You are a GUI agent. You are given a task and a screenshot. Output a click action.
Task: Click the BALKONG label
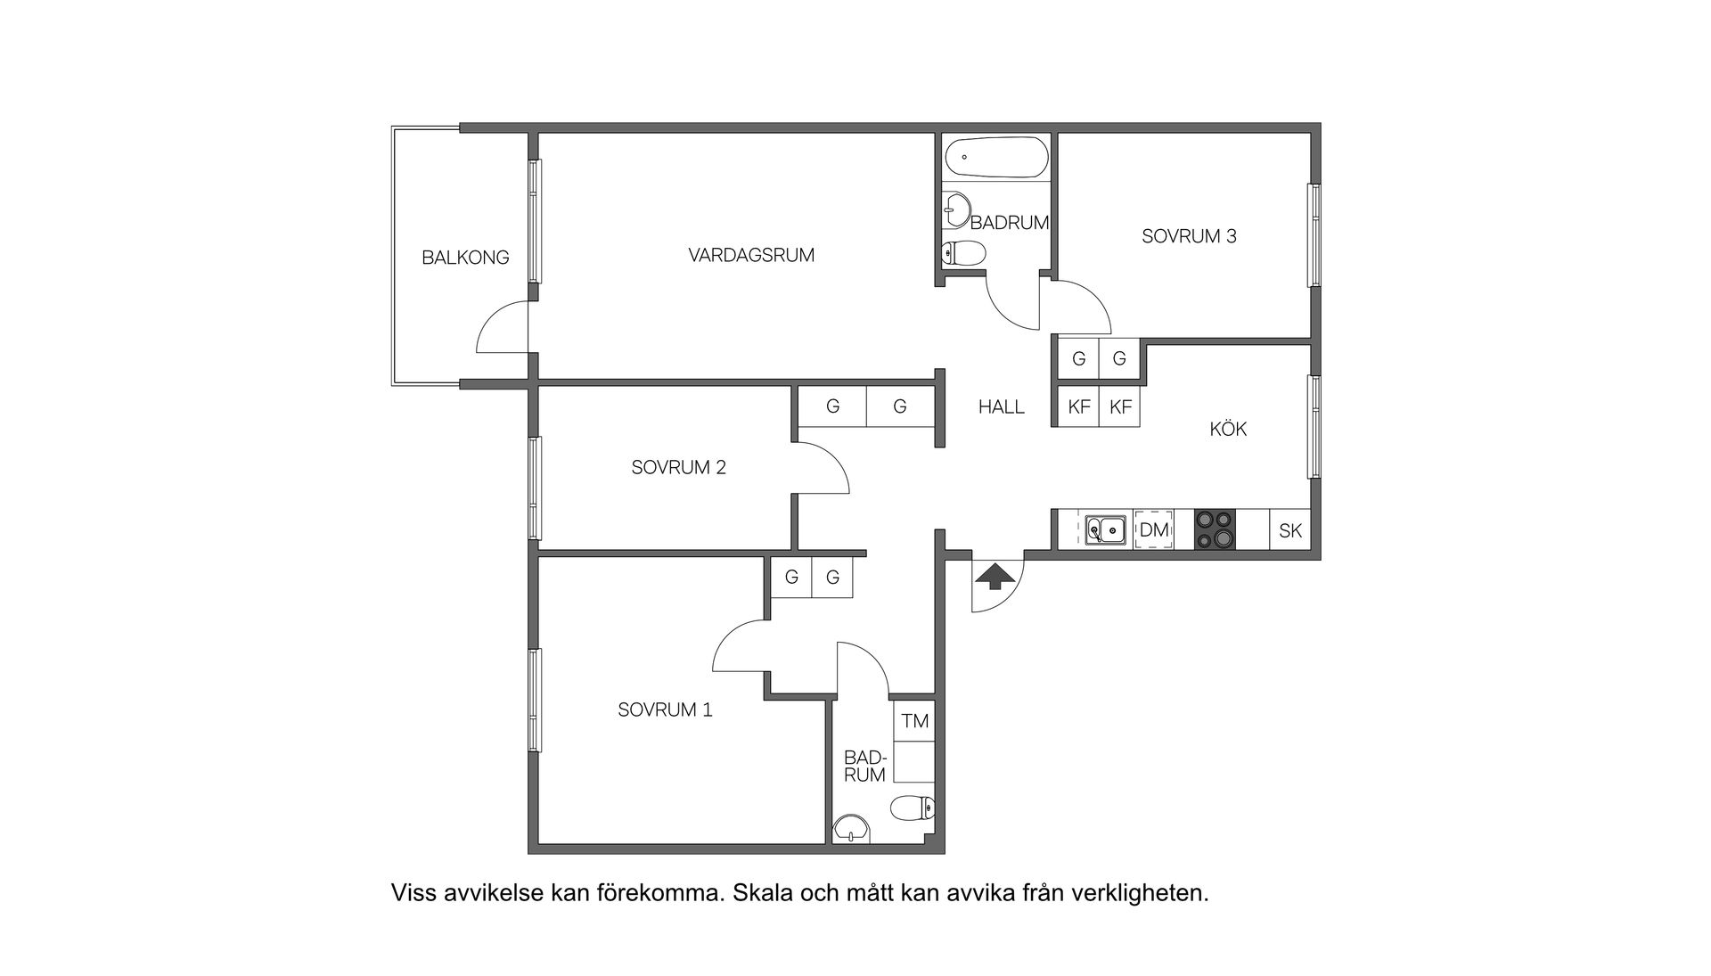point(465,258)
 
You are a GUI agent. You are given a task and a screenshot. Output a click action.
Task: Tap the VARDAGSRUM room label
point(751,255)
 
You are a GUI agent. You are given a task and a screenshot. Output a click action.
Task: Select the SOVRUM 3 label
point(1189,236)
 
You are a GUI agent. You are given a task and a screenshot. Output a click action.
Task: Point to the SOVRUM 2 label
point(678,467)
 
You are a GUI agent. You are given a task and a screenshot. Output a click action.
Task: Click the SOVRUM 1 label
point(665,709)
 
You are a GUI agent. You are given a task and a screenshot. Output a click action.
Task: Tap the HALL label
point(1001,406)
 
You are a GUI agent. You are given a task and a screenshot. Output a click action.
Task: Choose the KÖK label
point(1227,429)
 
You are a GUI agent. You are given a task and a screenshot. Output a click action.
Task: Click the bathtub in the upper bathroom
point(995,158)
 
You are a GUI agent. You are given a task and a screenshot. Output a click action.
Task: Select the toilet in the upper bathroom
point(962,254)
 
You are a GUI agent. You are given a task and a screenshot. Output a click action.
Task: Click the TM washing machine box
point(914,720)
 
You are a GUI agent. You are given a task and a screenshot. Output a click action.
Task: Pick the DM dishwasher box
point(1154,530)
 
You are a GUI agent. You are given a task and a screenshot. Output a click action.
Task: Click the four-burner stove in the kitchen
point(1216,529)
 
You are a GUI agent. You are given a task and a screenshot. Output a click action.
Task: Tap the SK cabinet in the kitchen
point(1289,530)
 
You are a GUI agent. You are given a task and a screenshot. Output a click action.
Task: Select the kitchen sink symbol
point(1105,530)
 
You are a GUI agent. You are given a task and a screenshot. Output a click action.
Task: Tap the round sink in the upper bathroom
point(957,210)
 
